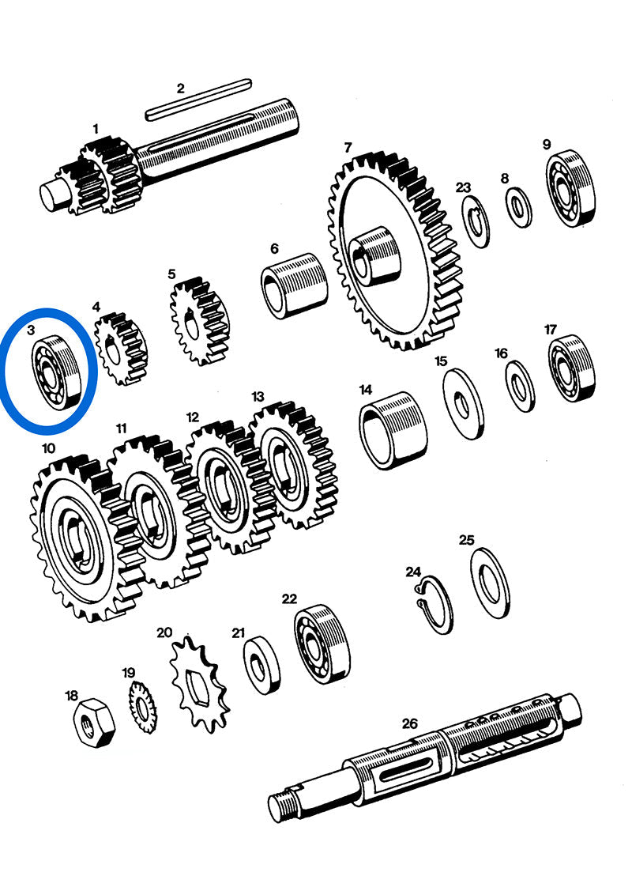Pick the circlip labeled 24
434,606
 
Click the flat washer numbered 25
491,583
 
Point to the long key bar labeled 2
197,100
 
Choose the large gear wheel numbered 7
393,252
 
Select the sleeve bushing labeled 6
295,283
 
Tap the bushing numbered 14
393,432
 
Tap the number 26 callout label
409,723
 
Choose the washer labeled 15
464,404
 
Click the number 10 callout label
49,448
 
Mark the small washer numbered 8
519,208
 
